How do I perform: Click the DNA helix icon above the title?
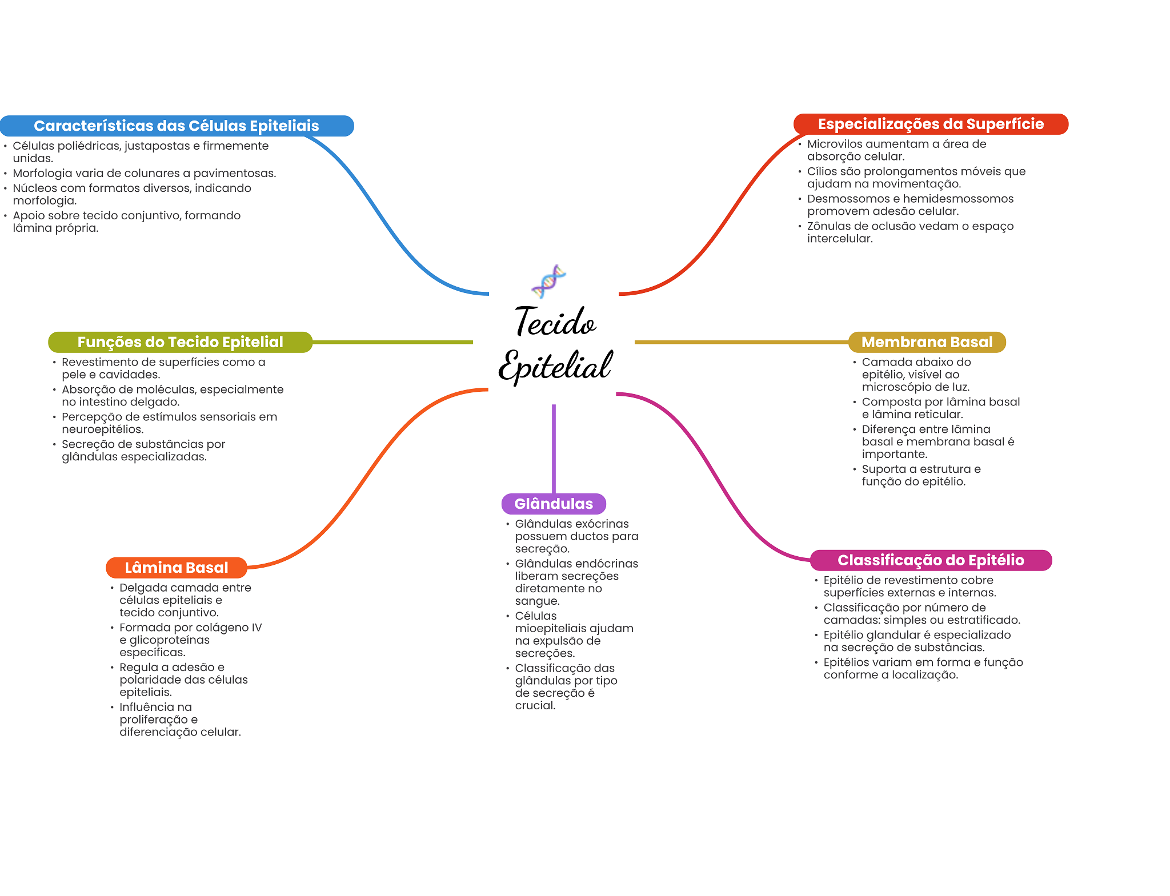tap(548, 281)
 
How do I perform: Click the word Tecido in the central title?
tap(555, 322)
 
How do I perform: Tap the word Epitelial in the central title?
tap(555, 365)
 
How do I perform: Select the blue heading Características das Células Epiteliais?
tap(176, 126)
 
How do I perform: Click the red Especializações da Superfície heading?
tap(930, 124)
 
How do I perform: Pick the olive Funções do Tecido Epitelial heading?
tap(180, 342)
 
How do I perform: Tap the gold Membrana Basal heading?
tap(927, 342)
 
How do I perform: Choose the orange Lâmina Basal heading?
tap(176, 568)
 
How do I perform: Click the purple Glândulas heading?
tap(553, 504)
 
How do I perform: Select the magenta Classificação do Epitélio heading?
tap(930, 560)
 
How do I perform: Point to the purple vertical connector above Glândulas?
tap(554, 448)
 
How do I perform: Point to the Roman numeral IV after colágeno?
tap(256, 628)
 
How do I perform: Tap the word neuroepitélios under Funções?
tap(102, 429)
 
